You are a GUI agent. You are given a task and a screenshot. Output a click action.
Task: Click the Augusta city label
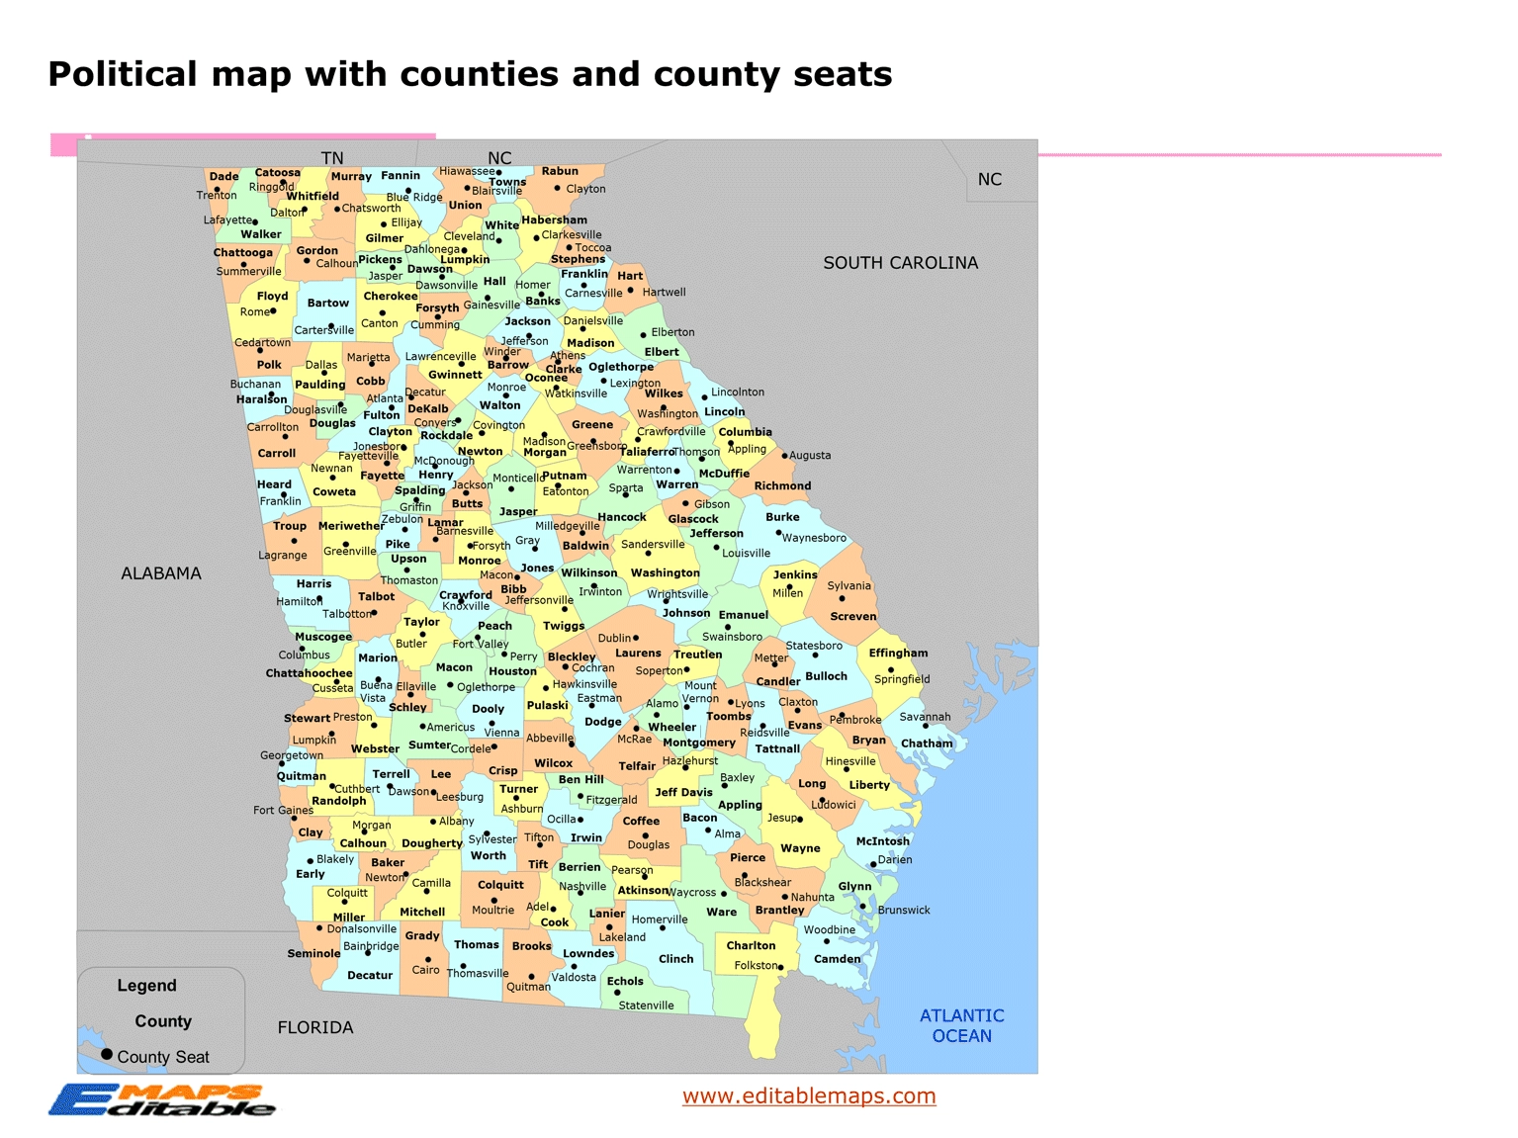pos(810,456)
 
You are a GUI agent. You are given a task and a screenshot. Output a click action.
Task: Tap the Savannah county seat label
pos(925,717)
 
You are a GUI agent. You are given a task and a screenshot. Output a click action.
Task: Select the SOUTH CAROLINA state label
pos(900,263)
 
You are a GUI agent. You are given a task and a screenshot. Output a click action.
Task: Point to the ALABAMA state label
pos(161,573)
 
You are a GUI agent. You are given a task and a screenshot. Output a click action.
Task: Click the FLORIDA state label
pos(315,1028)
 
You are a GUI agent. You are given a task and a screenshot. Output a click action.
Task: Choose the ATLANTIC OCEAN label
pos(961,1025)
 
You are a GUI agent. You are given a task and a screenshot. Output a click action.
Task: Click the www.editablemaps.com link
pos(809,1095)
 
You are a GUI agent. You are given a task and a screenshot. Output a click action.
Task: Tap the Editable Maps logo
pos(161,1099)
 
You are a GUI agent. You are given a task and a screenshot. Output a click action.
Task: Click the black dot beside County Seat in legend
pos(107,1055)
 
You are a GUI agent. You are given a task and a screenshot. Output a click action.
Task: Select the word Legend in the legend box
pos(146,986)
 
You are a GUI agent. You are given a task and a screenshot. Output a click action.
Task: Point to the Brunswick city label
pos(904,911)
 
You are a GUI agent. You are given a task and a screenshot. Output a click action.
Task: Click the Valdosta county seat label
pos(574,978)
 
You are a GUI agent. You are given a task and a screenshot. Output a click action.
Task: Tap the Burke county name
pos(782,517)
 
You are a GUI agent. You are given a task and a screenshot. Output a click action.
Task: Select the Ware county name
pos(721,912)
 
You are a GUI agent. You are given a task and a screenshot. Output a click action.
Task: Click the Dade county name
pos(224,177)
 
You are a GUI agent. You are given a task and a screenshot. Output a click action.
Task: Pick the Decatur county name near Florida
pos(370,976)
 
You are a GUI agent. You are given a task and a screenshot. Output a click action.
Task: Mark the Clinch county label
pos(675,959)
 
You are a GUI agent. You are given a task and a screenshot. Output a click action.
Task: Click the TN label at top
pos(332,158)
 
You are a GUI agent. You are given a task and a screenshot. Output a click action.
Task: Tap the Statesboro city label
pos(814,646)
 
